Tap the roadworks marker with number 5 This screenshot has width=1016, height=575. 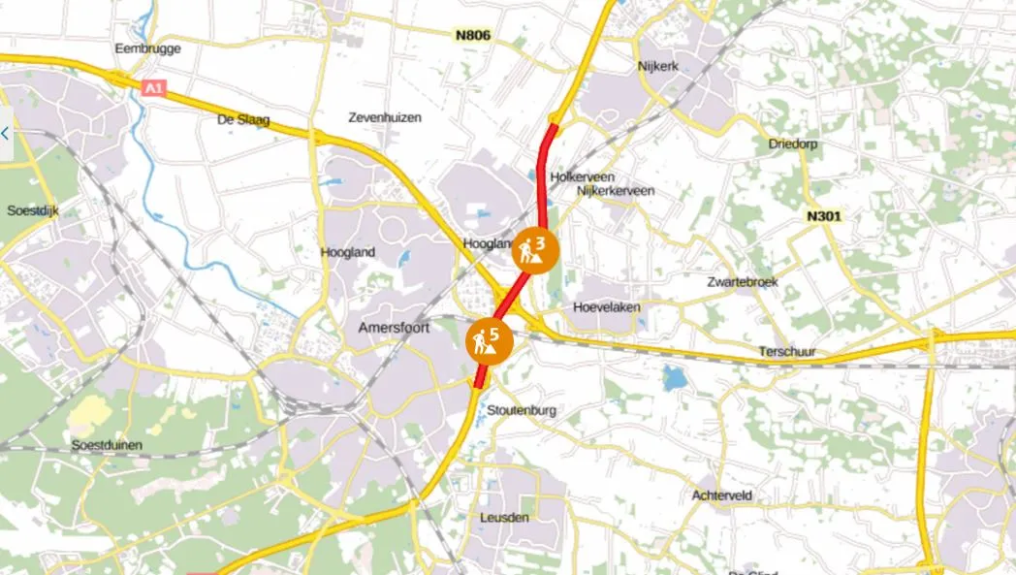pos(488,340)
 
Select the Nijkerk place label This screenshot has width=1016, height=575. pos(660,66)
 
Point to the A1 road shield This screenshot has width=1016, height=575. pos(152,89)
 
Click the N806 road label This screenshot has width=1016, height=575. pos(473,36)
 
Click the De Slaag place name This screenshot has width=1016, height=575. pos(243,121)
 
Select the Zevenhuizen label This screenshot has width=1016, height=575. pos(385,117)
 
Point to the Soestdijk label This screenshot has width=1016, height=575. pos(33,210)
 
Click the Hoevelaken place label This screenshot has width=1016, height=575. pos(608,307)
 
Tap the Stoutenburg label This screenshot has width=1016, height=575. pos(523,410)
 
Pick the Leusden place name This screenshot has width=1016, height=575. pos(505,518)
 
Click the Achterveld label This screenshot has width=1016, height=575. pos(722,495)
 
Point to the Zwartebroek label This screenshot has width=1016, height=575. pos(743,282)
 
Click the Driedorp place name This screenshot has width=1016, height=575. pos(794,144)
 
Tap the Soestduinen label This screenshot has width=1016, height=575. pos(108,445)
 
